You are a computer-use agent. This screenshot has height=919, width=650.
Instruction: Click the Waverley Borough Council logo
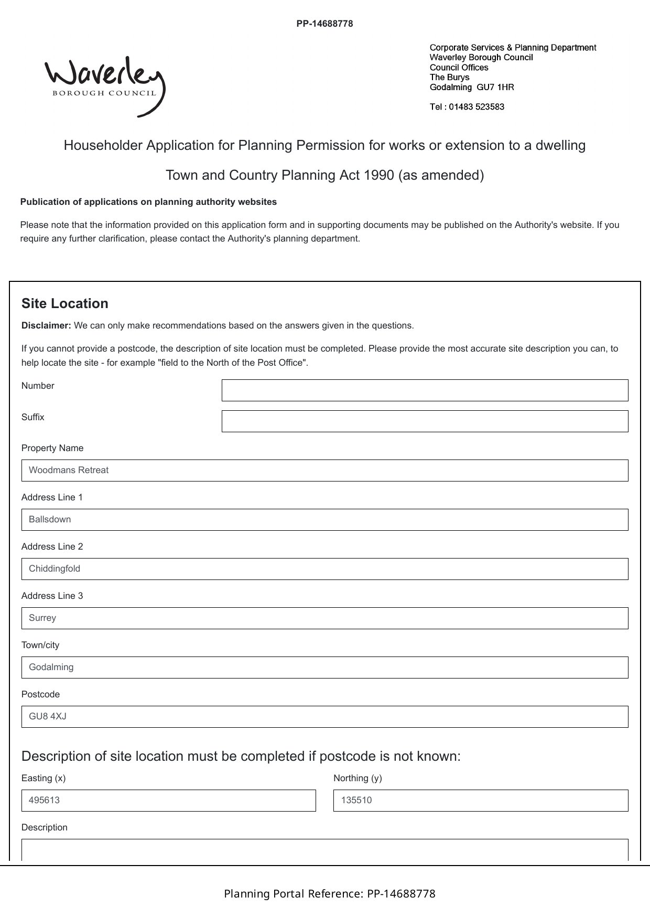pos(105,85)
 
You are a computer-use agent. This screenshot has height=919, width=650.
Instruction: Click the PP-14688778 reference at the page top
pos(324,24)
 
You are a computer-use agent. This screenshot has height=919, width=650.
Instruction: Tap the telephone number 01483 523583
pos(476,107)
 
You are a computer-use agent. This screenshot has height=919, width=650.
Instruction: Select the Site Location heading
pos(65,303)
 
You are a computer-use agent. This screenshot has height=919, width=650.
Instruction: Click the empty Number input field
pos(425,390)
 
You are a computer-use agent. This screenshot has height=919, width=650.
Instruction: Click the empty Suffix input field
pos(425,421)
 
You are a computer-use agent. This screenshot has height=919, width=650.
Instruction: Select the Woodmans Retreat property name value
pos(69,470)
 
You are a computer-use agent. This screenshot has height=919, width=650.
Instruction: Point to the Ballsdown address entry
pos(50,519)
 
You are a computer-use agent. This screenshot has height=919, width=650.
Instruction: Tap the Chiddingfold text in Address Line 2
pos(55,568)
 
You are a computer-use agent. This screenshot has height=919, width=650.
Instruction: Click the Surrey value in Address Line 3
pos(42,618)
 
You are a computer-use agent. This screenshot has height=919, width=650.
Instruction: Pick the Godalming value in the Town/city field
pos(51,667)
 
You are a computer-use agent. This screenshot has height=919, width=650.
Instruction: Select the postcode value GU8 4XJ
pos(48,716)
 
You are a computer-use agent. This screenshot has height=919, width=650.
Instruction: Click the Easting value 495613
pos(44,800)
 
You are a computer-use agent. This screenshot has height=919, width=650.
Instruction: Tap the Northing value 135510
pos(356,800)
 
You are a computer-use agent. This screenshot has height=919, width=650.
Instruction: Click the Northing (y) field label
pos(357,778)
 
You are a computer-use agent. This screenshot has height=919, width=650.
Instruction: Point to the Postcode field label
pos(40,694)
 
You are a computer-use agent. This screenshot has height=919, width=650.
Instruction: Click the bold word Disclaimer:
pos(46,325)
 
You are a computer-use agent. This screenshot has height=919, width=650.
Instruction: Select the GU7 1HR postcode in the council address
pos(495,87)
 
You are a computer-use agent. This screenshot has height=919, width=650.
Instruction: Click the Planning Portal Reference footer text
pos(330,893)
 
